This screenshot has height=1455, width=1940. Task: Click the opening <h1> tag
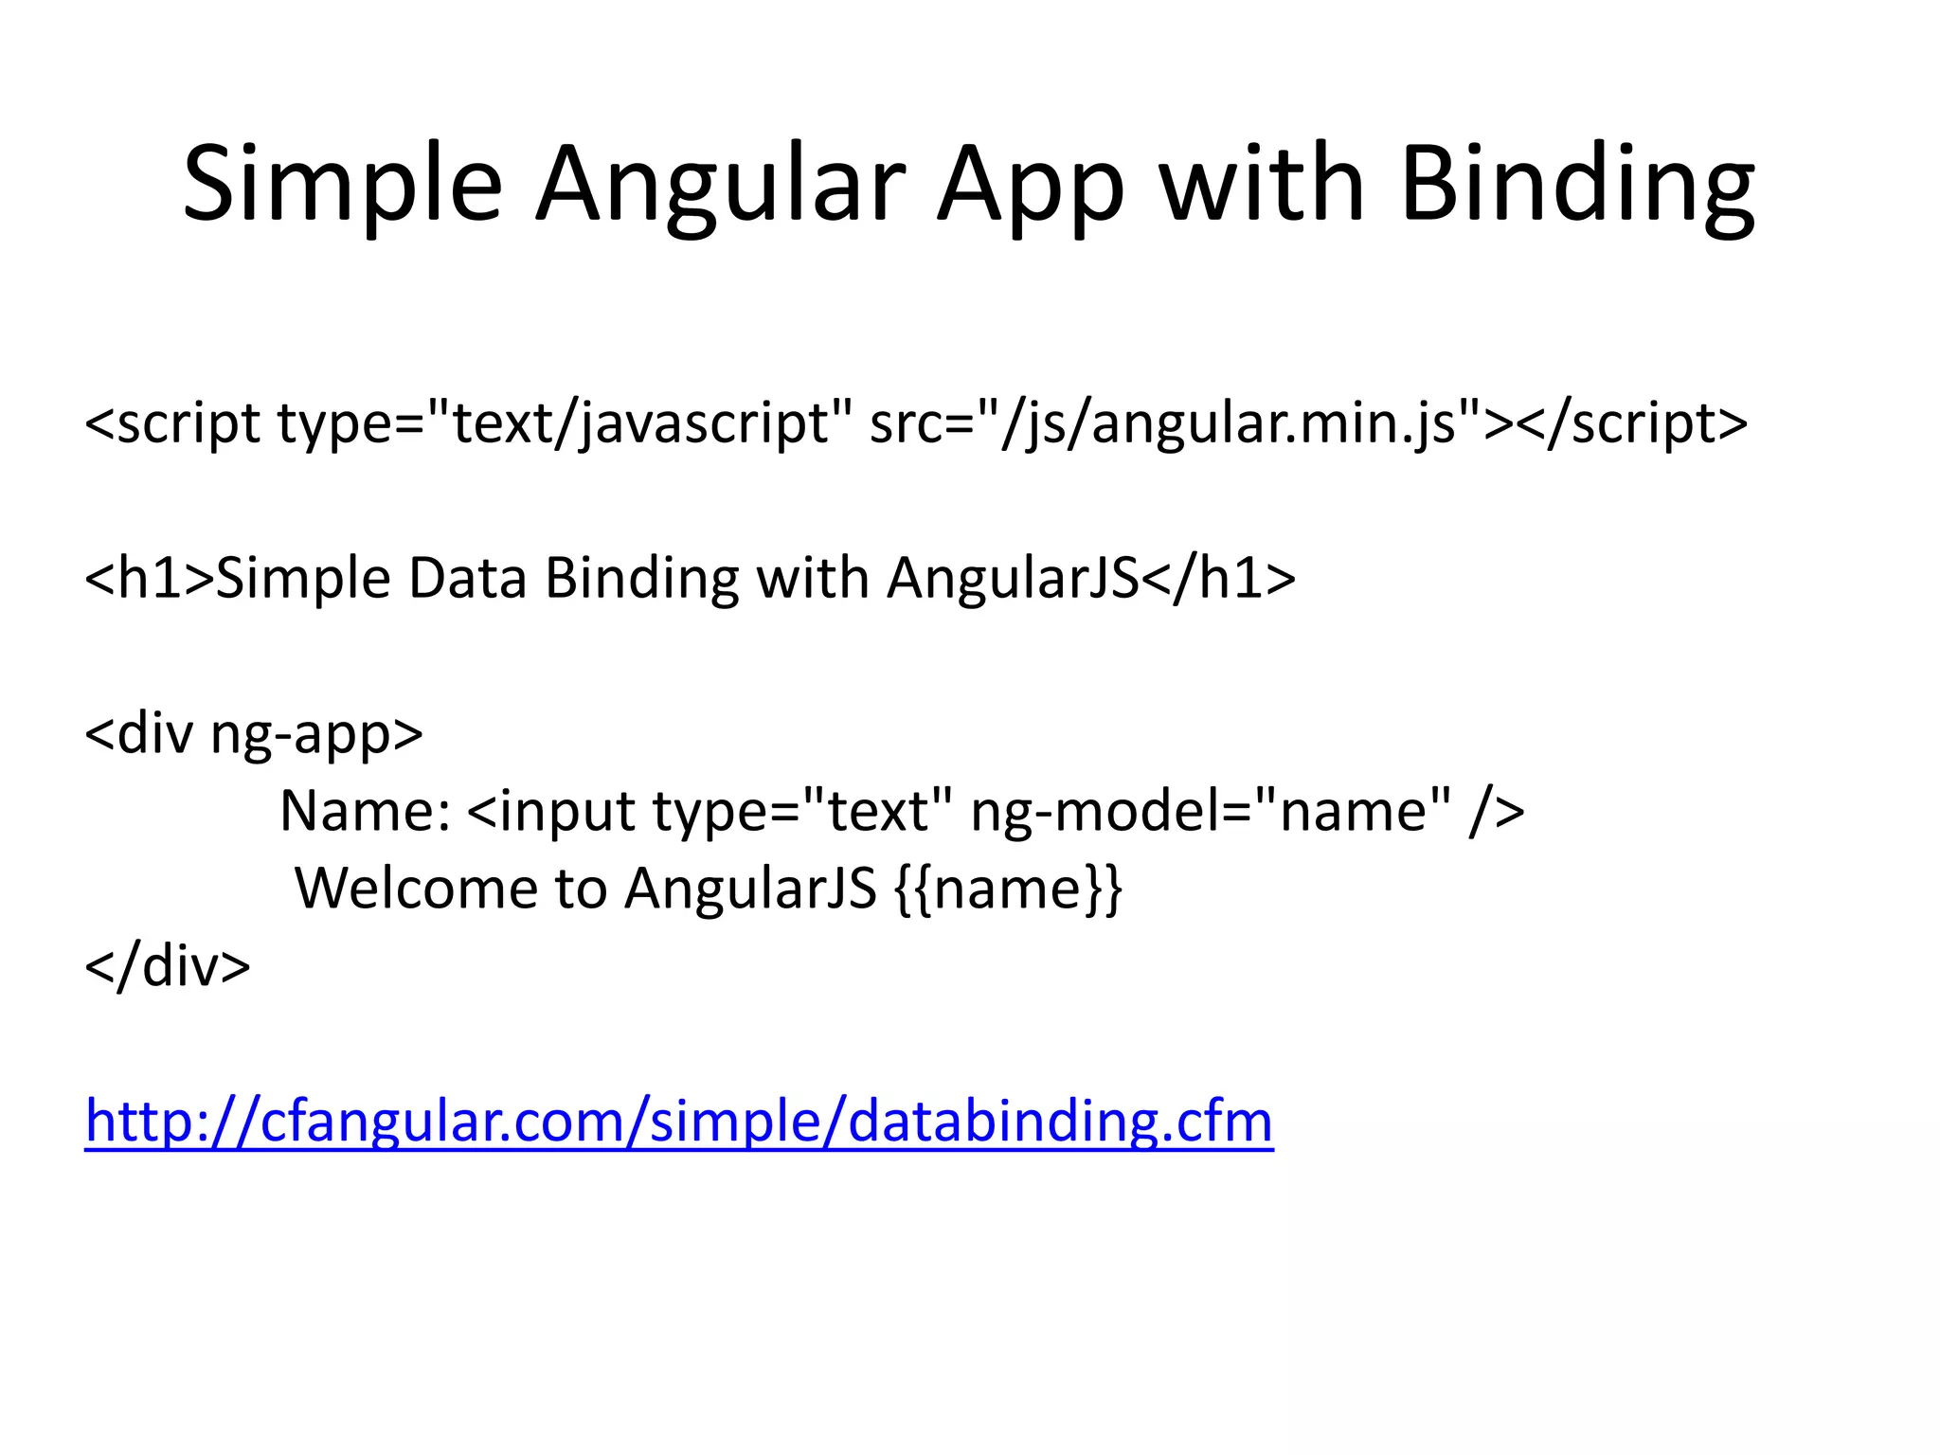(x=150, y=578)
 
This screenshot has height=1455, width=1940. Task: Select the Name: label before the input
(x=366, y=811)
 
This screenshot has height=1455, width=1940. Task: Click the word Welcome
(x=417, y=889)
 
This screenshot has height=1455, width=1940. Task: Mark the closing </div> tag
(x=168, y=966)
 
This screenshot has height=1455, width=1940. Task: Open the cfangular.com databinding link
(x=678, y=1122)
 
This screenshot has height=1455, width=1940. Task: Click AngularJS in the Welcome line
(x=750, y=889)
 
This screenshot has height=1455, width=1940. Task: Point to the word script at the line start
(x=188, y=423)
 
